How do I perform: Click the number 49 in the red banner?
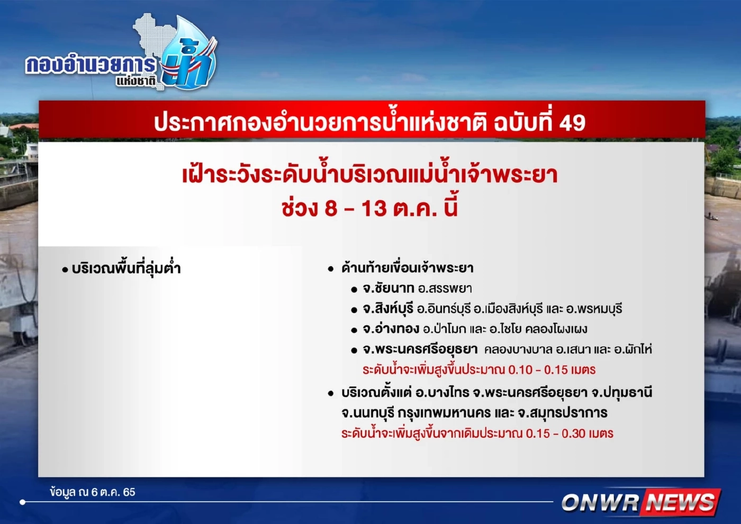click(x=572, y=123)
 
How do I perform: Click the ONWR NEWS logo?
click(x=640, y=502)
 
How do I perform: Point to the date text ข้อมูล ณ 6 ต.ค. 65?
click(x=93, y=492)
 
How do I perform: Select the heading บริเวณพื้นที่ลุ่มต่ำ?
click(x=126, y=268)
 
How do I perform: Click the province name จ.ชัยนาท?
click(x=388, y=288)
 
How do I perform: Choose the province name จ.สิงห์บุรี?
click(x=387, y=309)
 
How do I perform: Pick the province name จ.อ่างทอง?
click(x=391, y=329)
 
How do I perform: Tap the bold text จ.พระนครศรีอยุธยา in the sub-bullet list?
click(x=420, y=349)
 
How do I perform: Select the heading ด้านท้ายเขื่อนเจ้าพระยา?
click(x=407, y=268)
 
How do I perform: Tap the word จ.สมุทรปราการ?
click(x=563, y=413)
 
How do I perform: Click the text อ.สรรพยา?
click(x=445, y=288)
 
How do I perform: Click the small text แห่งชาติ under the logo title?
click(x=136, y=81)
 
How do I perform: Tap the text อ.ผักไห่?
click(x=632, y=349)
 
